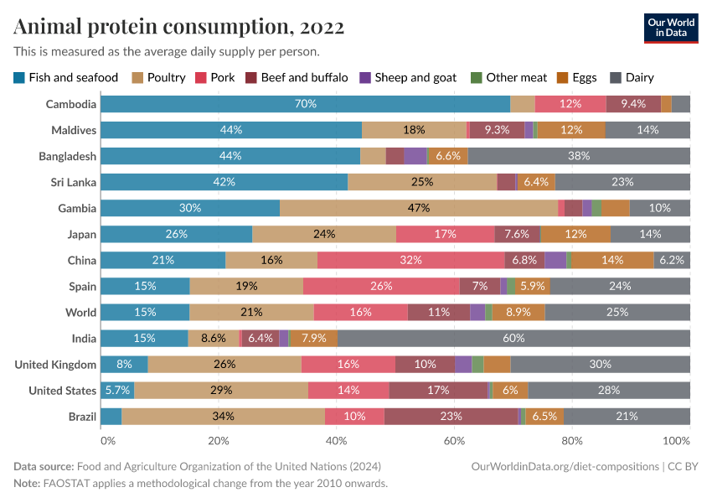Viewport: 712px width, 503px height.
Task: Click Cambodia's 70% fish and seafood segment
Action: click(305, 104)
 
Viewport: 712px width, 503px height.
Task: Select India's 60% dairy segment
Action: click(513, 338)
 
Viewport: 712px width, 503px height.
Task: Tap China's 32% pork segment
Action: click(410, 260)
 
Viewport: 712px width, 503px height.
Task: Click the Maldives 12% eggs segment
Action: click(571, 130)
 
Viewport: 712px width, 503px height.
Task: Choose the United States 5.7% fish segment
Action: click(117, 390)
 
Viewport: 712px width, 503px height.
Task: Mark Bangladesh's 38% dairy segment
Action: click(579, 156)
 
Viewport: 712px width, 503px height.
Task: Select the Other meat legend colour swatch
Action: click(476, 78)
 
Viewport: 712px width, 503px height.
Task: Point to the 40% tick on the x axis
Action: click(336, 440)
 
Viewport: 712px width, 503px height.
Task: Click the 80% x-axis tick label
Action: click(571, 440)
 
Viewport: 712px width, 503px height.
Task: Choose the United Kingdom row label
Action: click(56, 364)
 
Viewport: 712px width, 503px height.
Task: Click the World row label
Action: click(80, 312)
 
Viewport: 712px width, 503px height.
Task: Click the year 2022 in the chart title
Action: click(319, 27)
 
